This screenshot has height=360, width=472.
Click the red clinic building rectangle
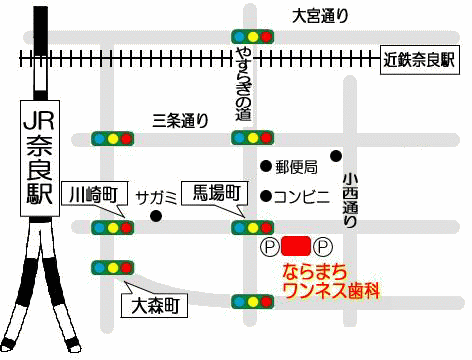point(295,245)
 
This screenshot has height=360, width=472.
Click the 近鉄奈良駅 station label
point(419,60)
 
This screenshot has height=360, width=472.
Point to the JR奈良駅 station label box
point(39,159)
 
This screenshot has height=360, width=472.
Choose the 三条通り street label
point(180,121)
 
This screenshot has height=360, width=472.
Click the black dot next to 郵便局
point(265,166)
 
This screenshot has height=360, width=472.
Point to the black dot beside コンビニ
point(265,195)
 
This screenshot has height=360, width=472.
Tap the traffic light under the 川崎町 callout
point(112,228)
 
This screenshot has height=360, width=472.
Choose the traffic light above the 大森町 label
point(112,267)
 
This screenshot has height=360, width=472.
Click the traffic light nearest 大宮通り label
point(253,36)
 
